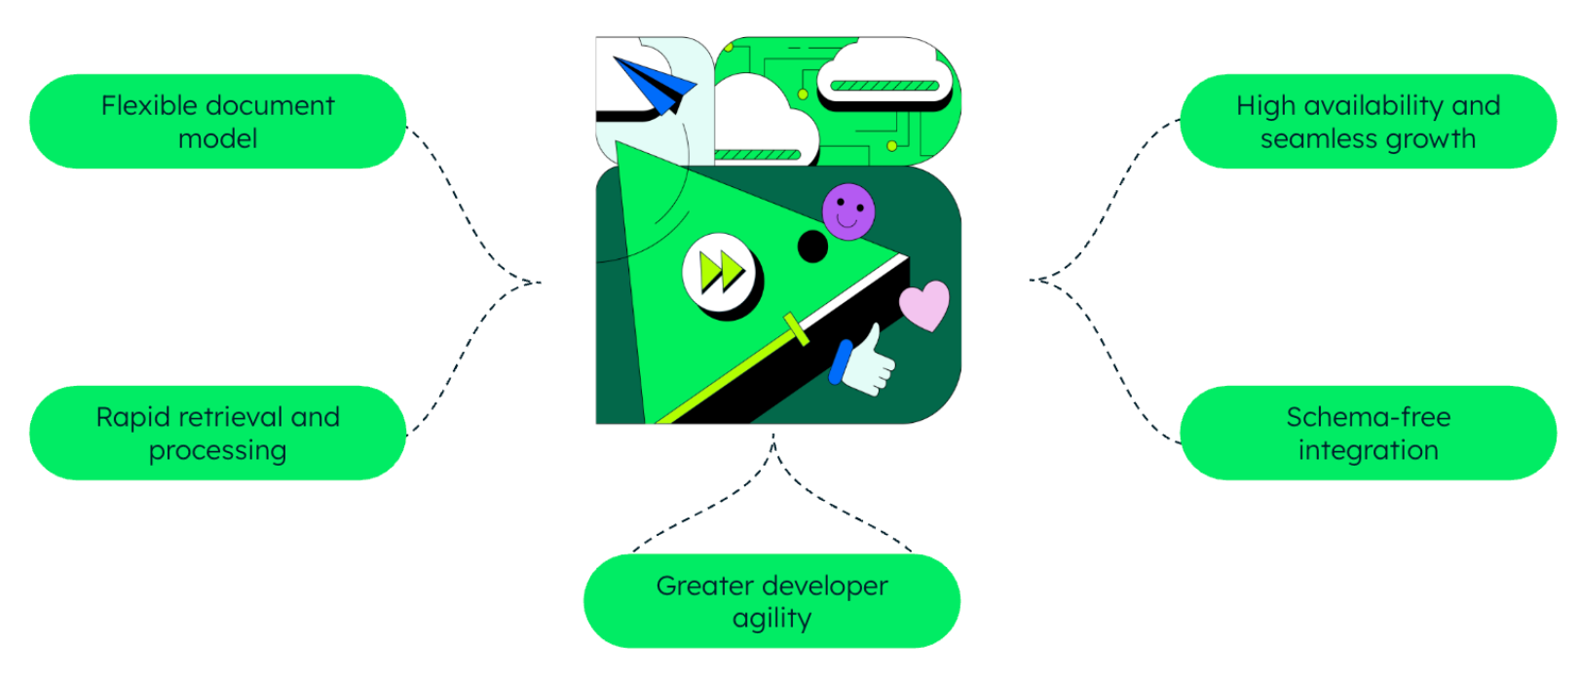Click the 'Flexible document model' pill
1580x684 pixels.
click(x=217, y=122)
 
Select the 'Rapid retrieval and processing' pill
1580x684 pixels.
click(x=217, y=433)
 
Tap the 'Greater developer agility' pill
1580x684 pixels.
click(x=771, y=601)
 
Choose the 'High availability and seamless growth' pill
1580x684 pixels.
click(x=1368, y=122)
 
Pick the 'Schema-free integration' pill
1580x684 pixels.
click(x=1368, y=433)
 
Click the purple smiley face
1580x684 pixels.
click(x=848, y=211)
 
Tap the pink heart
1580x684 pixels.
click(x=923, y=305)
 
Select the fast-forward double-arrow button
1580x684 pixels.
click(x=722, y=271)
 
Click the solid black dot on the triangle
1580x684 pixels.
click(x=812, y=247)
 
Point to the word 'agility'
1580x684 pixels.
click(x=771, y=619)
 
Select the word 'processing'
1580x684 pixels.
click(x=217, y=451)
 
